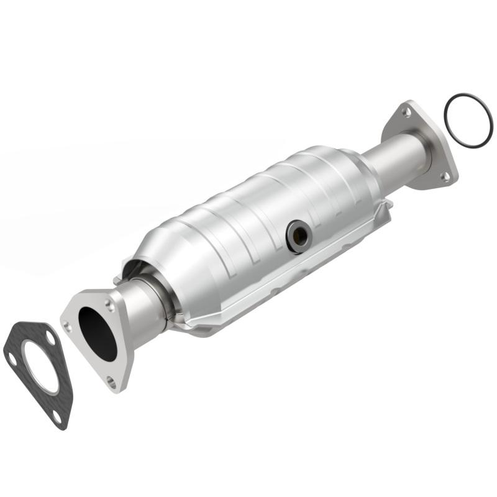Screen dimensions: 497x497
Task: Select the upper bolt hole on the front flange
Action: [109, 306]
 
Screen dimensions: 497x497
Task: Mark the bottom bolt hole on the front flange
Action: [112, 380]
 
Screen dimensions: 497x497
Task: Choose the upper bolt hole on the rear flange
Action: [406, 112]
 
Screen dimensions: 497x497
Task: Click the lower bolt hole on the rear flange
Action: [445, 176]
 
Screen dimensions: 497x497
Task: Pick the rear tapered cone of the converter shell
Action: [354, 168]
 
